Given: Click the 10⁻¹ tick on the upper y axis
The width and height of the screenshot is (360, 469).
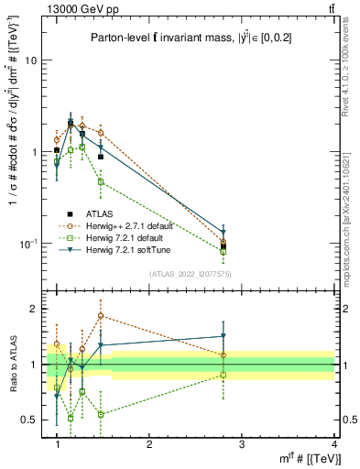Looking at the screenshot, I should [x=33, y=245].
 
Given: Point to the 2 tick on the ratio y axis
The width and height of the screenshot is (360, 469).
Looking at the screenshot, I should [x=38, y=309].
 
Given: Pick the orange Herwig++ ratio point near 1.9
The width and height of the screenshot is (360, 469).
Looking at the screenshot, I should [x=101, y=315].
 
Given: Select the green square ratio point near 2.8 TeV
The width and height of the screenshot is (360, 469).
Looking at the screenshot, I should [x=224, y=375].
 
